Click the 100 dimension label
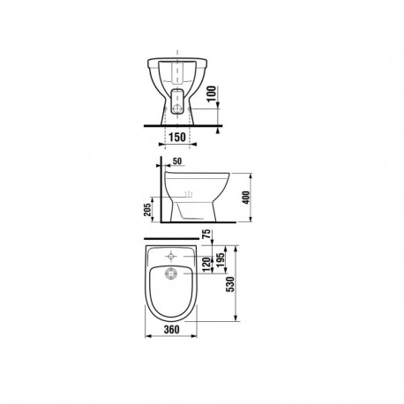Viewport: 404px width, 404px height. (212, 94)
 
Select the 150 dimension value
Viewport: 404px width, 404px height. (177, 137)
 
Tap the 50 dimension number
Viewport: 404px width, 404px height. (177, 161)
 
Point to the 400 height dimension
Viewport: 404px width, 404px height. (246, 198)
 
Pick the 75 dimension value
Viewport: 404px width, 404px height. (207, 234)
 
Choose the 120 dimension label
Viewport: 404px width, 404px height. (207, 265)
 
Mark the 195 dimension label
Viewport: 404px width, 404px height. (221, 259)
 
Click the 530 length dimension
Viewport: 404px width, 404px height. (231, 284)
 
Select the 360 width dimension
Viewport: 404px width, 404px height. (171, 329)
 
